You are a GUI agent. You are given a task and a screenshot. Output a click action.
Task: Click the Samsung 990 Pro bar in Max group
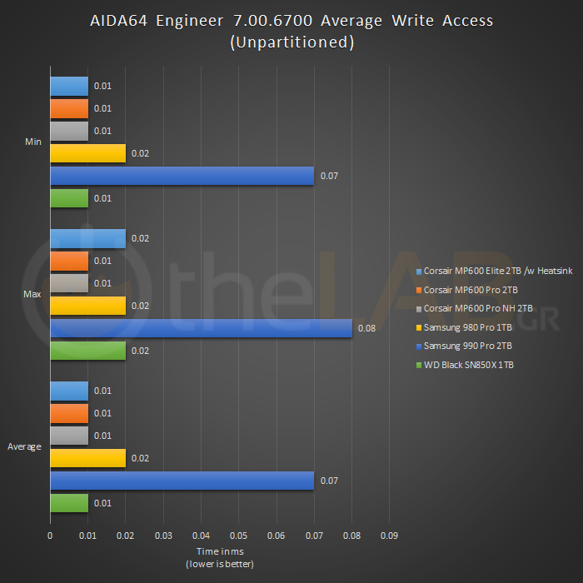coord(200,328)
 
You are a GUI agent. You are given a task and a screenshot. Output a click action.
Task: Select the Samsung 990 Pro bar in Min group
coord(182,176)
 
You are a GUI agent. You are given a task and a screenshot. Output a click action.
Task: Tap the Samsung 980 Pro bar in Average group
coord(87,458)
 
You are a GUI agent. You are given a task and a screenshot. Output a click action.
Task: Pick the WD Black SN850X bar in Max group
coord(87,351)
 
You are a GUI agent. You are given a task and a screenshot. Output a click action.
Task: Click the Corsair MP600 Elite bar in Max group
coord(87,238)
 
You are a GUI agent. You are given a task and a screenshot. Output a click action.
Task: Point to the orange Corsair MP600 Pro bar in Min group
coord(69,108)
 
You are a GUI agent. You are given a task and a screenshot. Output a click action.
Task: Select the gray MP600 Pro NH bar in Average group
coord(69,436)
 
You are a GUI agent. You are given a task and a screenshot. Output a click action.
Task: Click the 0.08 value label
coord(366,329)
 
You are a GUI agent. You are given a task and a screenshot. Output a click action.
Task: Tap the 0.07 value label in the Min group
coord(328,177)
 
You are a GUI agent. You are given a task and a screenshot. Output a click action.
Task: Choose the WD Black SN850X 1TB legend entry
coord(468,365)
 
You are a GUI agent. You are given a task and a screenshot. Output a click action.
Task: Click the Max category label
coord(32,295)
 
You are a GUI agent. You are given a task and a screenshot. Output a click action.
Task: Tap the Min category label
coord(33,142)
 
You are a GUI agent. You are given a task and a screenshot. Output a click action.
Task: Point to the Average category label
coord(25,447)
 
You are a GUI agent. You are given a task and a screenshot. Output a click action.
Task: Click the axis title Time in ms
coord(220,551)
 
